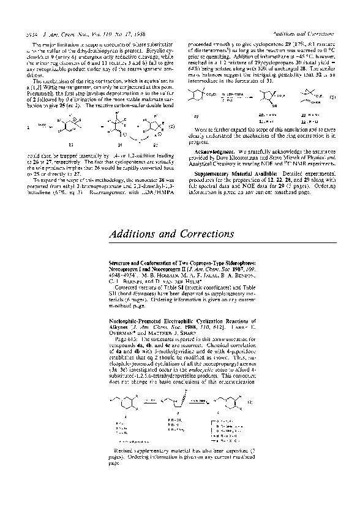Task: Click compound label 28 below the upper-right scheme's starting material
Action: point(195,114)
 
